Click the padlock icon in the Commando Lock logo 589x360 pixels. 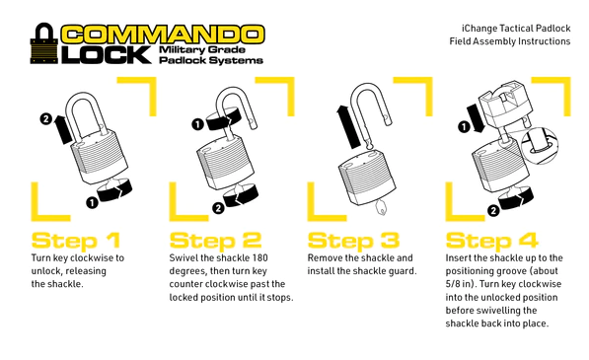(x=44, y=43)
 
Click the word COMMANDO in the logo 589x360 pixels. (x=163, y=35)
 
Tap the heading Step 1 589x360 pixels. (x=76, y=241)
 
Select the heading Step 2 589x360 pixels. (x=215, y=241)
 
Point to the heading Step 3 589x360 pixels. (x=353, y=241)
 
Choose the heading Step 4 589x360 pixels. (x=491, y=241)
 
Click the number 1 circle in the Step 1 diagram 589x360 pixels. (x=92, y=203)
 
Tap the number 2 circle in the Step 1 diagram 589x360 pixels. (x=45, y=119)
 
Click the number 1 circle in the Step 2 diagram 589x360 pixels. (x=197, y=124)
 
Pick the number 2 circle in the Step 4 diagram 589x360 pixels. (x=493, y=211)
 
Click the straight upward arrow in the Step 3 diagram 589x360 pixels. (x=349, y=126)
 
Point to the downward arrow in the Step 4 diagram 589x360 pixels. (x=477, y=118)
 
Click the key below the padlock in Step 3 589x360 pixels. (x=381, y=207)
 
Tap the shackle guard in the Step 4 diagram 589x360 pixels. (x=504, y=103)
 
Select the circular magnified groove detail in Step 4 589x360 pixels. (x=540, y=146)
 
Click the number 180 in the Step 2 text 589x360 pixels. (x=259, y=258)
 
